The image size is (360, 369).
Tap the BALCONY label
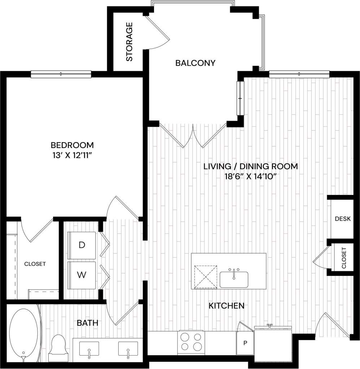click(x=195, y=63)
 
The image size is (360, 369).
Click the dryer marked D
click(x=82, y=245)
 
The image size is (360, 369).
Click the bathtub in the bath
click(x=23, y=334)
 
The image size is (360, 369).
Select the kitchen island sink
click(x=234, y=279)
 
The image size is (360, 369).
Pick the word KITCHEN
click(x=227, y=306)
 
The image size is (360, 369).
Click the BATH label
click(x=88, y=322)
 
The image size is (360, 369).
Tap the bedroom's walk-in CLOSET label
click(x=35, y=264)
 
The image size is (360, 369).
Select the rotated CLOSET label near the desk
click(x=344, y=258)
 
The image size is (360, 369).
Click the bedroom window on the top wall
click(x=61, y=74)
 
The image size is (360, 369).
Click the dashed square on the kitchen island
click(x=206, y=276)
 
